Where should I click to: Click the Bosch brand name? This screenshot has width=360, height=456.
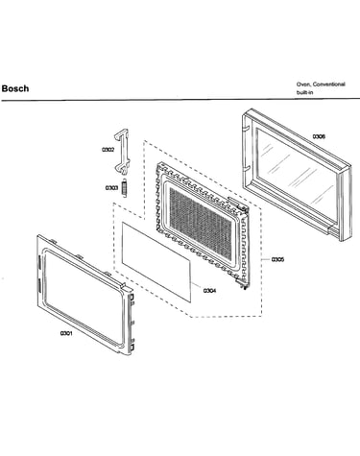coord(15,88)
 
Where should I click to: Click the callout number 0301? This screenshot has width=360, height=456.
coord(66,333)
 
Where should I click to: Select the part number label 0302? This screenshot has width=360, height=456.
coord(108,150)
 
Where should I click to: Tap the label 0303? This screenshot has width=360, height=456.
coord(111,188)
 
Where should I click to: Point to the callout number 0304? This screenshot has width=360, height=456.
coord(209,291)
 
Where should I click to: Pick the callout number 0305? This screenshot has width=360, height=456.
coord(277,259)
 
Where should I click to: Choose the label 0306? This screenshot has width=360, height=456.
coord(319,136)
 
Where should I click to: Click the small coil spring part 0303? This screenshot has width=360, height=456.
coord(124,188)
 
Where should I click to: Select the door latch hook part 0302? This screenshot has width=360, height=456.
coord(122,152)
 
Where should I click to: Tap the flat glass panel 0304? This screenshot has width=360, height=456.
coord(156,262)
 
